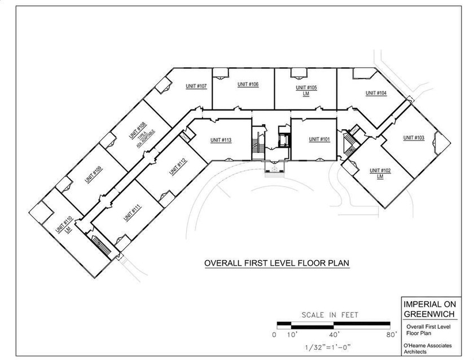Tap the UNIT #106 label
[248, 84]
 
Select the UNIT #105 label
[306, 88]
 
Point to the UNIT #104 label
[376, 93]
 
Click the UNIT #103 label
[414, 138]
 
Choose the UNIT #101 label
[319, 139]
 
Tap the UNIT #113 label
[221, 140]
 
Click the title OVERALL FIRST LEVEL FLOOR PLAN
[276, 264]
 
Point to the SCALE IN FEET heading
[330, 315]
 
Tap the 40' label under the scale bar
[334, 335]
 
